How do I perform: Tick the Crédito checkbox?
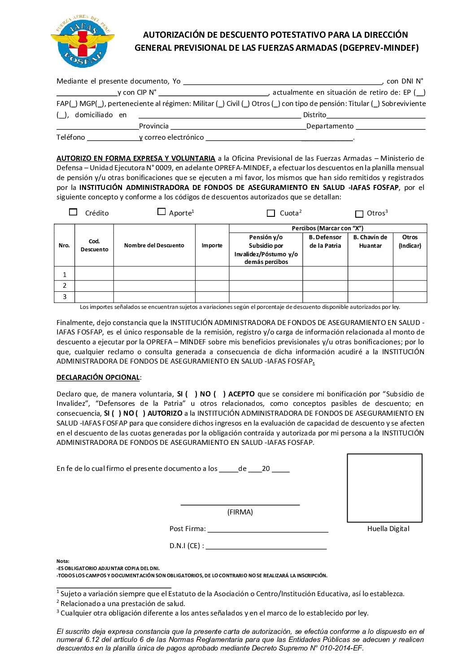[x=73, y=212]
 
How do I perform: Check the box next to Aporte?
[x=161, y=211]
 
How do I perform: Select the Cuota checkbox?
[x=270, y=213]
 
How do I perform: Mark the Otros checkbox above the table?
[x=359, y=214]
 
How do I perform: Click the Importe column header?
[x=212, y=246]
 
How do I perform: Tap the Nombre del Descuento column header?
[x=154, y=246]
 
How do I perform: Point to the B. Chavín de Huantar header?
[x=370, y=242]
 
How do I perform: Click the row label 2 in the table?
[x=65, y=285]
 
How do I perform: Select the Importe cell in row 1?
[x=212, y=273]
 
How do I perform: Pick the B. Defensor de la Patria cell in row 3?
[x=325, y=297]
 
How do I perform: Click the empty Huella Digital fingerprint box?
[x=384, y=488]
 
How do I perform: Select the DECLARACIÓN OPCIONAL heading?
[x=98, y=378]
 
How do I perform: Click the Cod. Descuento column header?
[x=94, y=246]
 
